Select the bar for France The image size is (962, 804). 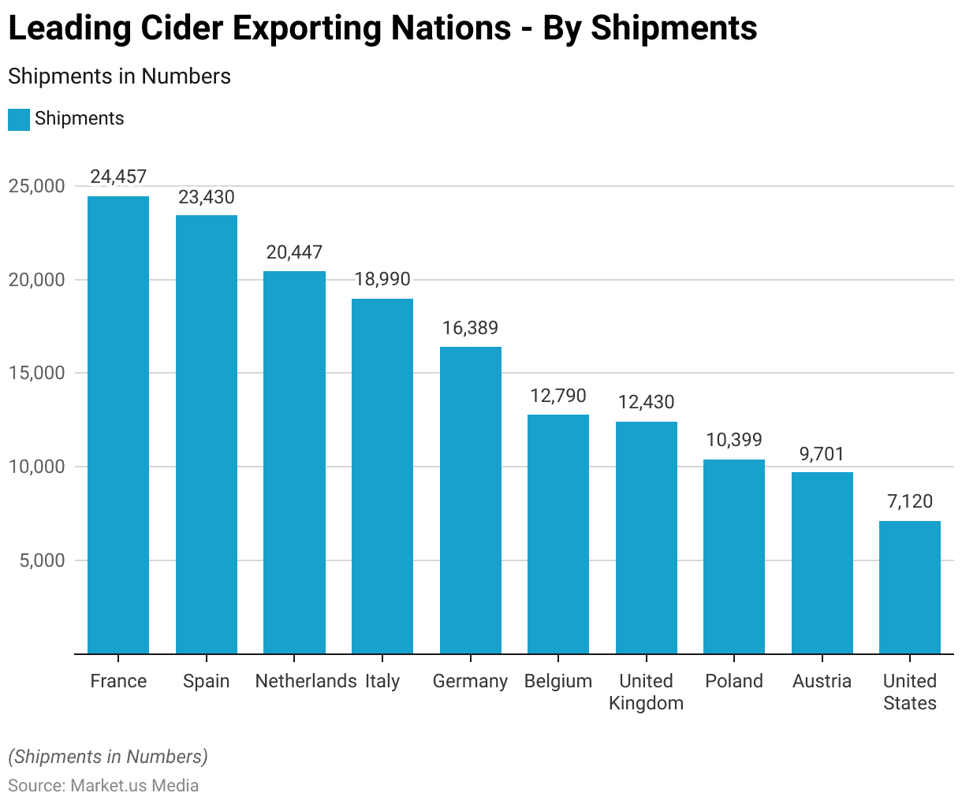(x=118, y=425)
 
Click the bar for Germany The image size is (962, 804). (x=471, y=500)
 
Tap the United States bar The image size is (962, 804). (x=910, y=587)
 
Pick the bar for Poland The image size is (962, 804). (x=734, y=556)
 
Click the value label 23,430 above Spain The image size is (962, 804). (x=207, y=197)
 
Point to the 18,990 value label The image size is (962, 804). (x=382, y=280)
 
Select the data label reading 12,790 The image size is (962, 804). (x=558, y=396)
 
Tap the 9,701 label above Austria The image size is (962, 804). (x=822, y=454)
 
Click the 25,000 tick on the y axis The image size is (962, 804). (x=37, y=187)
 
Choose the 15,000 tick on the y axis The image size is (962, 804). (x=37, y=374)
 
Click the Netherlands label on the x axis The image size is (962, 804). (x=306, y=681)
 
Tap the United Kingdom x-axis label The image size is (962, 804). (x=646, y=692)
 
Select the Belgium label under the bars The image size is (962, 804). (x=558, y=681)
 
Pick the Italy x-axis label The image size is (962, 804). (x=382, y=681)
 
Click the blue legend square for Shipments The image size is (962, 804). (x=19, y=119)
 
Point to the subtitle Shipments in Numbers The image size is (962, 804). (x=119, y=76)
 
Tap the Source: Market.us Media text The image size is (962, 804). (x=103, y=786)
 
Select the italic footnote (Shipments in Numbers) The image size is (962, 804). (x=108, y=757)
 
